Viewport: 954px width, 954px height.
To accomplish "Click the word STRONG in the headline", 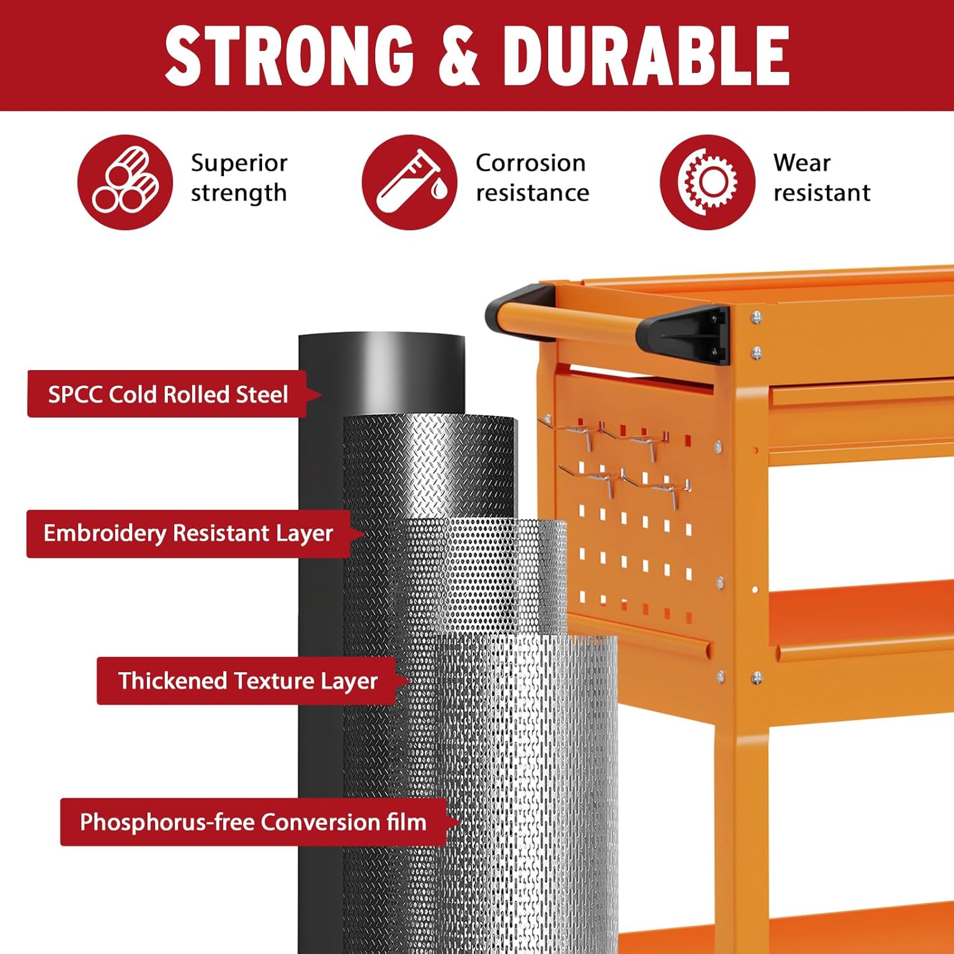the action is [x=290, y=57].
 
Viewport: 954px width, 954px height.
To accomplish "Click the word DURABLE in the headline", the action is [x=646, y=57].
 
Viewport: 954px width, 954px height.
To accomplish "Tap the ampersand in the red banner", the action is [x=459, y=57].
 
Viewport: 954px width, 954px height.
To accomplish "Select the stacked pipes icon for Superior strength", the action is [x=125, y=182].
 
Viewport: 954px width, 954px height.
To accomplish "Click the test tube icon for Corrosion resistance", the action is [x=410, y=182].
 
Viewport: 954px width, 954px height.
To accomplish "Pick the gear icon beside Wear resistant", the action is [x=707, y=182].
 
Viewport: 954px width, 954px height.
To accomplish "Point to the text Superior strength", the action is [x=239, y=178].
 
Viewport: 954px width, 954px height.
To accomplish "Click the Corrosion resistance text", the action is [x=532, y=178].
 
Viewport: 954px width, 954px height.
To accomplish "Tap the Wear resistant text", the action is [x=822, y=178].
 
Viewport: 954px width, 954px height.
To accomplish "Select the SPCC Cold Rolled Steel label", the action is [x=168, y=394].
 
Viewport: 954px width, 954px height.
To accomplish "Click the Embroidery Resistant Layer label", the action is [x=188, y=534].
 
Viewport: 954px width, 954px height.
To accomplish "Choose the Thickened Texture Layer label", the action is [x=248, y=681].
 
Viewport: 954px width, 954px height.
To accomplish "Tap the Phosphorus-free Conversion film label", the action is [x=253, y=822].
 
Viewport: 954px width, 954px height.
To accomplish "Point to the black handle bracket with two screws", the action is [x=684, y=335].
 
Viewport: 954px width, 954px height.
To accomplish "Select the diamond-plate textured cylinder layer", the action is [x=429, y=467].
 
